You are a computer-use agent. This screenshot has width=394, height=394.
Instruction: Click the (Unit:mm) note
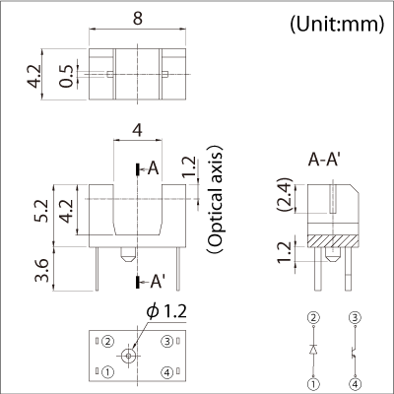[x=337, y=25]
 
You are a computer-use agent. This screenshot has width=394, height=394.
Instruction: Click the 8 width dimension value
[x=138, y=19]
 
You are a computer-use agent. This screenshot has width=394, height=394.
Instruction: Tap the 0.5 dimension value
[x=67, y=76]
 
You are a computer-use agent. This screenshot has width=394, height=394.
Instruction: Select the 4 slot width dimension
[x=137, y=131]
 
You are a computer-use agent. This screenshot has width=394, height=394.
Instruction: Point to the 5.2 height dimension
[x=42, y=211]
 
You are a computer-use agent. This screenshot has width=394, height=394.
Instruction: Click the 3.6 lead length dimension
[x=42, y=271]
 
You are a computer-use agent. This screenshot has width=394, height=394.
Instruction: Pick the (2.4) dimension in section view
[x=285, y=195]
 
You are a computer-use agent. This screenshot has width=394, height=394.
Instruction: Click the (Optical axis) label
[x=215, y=199]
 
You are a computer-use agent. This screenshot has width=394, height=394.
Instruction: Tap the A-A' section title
[x=323, y=161]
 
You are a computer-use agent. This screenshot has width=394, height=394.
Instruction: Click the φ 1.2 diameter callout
[x=167, y=311]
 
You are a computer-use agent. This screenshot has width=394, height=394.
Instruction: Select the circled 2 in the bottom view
[x=107, y=342]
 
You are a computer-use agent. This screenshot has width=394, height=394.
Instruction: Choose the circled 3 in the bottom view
[x=167, y=342]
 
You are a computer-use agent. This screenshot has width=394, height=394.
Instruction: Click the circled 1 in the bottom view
[x=107, y=372]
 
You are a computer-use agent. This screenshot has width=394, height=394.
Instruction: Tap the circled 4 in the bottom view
[x=167, y=372]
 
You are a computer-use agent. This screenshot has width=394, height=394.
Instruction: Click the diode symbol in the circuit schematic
[x=313, y=350]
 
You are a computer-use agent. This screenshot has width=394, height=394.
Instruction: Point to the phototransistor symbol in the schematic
[x=354, y=353]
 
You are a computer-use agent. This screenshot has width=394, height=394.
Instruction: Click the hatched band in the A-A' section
[x=332, y=241]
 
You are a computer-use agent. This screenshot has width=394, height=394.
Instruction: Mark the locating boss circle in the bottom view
[x=128, y=356]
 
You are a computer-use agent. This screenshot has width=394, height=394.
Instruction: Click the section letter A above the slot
[x=153, y=169]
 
